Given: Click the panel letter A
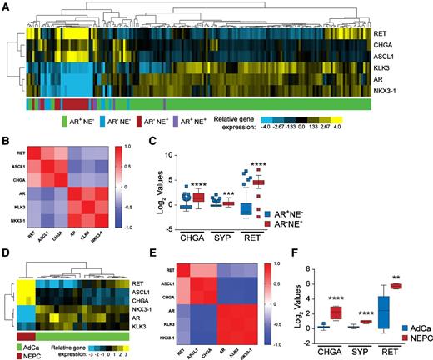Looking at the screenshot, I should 5,6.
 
